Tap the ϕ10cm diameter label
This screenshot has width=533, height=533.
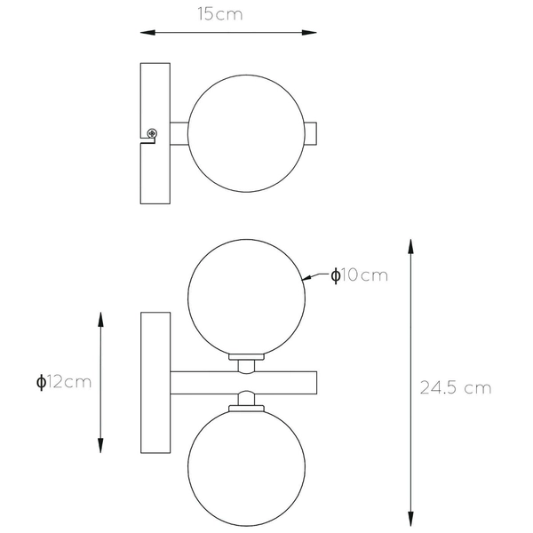coord(359,275)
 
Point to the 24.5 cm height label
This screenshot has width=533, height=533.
coord(455,387)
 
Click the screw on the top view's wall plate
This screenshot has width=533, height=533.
coord(153,133)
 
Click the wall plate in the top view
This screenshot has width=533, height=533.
coord(156,132)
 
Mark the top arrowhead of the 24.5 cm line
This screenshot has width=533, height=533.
coord(410,245)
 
